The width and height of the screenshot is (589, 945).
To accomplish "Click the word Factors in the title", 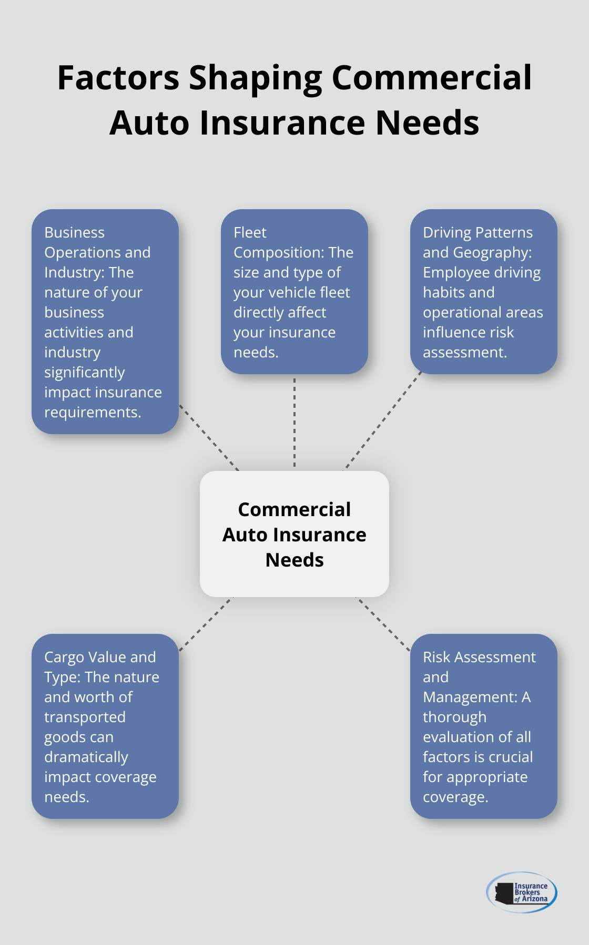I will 118,78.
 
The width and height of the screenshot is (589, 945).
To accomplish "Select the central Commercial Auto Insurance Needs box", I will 294,534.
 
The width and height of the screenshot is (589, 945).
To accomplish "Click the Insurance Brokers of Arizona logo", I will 522,892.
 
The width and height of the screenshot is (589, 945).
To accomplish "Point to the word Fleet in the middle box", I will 250,232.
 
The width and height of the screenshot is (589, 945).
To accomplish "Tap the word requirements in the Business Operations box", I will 93,413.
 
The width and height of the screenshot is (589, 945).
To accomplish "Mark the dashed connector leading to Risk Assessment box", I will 384,624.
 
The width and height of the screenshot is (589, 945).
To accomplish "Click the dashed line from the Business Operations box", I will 209,437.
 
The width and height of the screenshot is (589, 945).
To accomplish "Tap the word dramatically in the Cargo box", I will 86,757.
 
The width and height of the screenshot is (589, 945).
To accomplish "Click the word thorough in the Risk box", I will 454,717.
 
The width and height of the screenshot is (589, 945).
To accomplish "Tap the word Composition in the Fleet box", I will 278,253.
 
